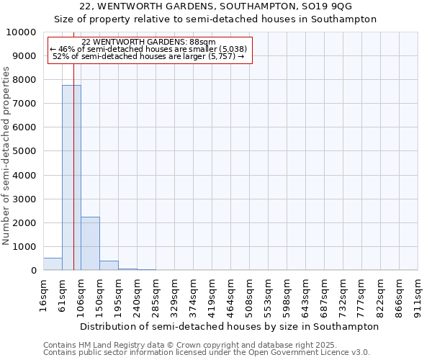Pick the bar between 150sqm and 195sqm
(x=109, y=266)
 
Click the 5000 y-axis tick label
(x=24, y=151)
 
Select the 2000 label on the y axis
(x=24, y=223)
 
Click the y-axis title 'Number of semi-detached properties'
(x=7, y=156)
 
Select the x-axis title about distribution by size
(x=229, y=326)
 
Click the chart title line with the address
(x=216, y=6)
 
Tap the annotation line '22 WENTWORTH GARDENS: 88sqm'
(x=149, y=42)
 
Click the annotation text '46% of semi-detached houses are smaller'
(x=149, y=49)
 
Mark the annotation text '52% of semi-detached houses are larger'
(x=149, y=56)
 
